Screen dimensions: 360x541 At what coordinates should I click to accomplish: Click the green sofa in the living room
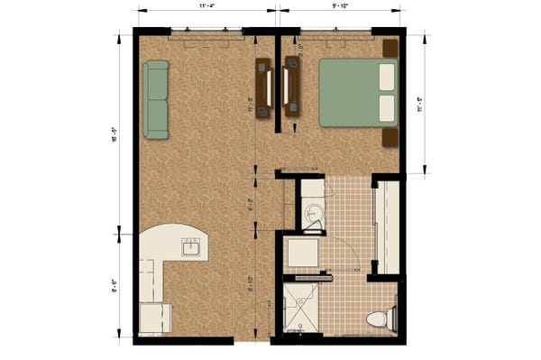click(156, 100)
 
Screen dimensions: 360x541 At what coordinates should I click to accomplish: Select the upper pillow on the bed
click(387, 77)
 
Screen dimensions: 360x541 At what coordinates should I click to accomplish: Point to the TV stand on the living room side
click(263, 88)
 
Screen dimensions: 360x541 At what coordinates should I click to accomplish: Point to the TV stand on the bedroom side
click(293, 88)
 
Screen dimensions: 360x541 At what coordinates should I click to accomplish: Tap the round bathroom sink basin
click(312, 214)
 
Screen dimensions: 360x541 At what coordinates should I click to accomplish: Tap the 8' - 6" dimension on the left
click(115, 287)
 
